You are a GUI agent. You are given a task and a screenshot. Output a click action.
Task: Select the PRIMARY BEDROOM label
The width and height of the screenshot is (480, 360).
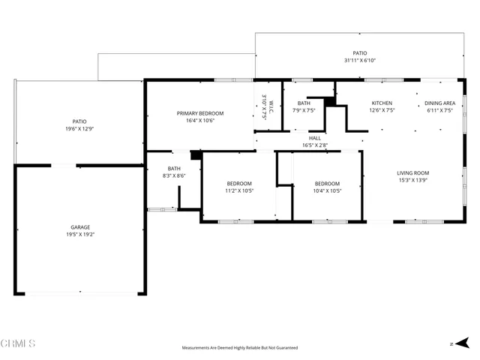click(x=200, y=113)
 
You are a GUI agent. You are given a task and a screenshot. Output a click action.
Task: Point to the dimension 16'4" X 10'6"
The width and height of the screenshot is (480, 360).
click(x=200, y=121)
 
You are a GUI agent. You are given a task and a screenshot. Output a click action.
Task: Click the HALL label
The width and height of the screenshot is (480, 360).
click(x=316, y=138)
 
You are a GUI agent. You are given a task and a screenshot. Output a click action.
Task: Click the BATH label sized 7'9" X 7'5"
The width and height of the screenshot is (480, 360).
click(x=304, y=103)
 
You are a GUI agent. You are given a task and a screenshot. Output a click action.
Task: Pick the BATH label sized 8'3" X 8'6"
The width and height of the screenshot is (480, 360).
click(x=174, y=169)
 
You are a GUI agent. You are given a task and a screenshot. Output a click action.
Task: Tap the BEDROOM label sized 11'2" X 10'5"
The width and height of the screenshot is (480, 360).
click(x=239, y=183)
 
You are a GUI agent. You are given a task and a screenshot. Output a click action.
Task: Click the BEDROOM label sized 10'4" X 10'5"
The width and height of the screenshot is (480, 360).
click(x=327, y=183)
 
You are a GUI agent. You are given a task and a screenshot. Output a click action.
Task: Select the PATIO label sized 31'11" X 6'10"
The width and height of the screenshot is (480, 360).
click(x=359, y=53)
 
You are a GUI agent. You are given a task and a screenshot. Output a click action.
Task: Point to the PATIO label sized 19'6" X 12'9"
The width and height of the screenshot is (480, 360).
click(x=79, y=121)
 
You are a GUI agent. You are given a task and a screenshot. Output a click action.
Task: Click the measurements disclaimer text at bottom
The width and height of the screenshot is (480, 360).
click(x=240, y=348)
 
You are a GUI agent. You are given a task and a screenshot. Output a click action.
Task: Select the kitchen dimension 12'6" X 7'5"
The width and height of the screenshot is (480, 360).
click(x=382, y=110)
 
